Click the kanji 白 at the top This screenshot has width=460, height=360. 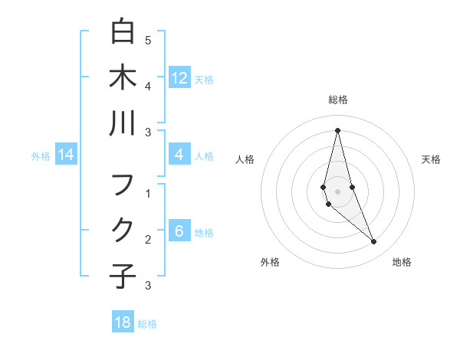123,31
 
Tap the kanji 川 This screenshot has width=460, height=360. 123,124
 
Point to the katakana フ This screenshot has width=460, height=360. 123,185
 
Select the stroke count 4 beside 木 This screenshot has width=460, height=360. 148,86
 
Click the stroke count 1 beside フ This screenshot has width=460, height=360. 148,194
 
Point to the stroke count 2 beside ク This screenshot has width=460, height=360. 148,240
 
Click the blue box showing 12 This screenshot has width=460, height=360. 179,78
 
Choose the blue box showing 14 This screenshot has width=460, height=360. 66,155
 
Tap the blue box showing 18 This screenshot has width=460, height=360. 123,322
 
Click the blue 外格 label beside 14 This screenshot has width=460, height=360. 41,156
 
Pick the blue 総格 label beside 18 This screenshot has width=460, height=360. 147,324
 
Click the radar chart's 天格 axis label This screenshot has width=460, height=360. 431,159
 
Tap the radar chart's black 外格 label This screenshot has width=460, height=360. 269,262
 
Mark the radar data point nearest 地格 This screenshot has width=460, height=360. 374,242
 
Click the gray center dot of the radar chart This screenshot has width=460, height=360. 337,191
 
